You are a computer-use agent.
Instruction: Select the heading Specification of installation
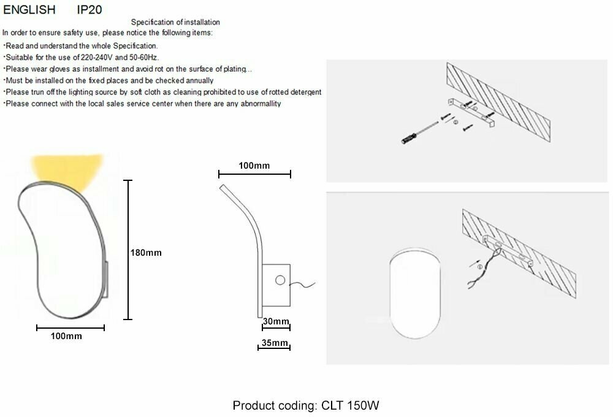tap(175, 23)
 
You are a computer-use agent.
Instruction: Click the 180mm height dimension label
tap(146, 252)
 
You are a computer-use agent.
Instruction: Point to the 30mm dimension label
tap(275, 322)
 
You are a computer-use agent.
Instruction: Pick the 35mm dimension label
tap(273, 343)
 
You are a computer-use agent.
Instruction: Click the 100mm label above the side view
tap(254, 166)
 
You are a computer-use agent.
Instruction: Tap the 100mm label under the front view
tap(66, 336)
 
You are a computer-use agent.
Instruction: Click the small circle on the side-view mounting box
tap(280, 280)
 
